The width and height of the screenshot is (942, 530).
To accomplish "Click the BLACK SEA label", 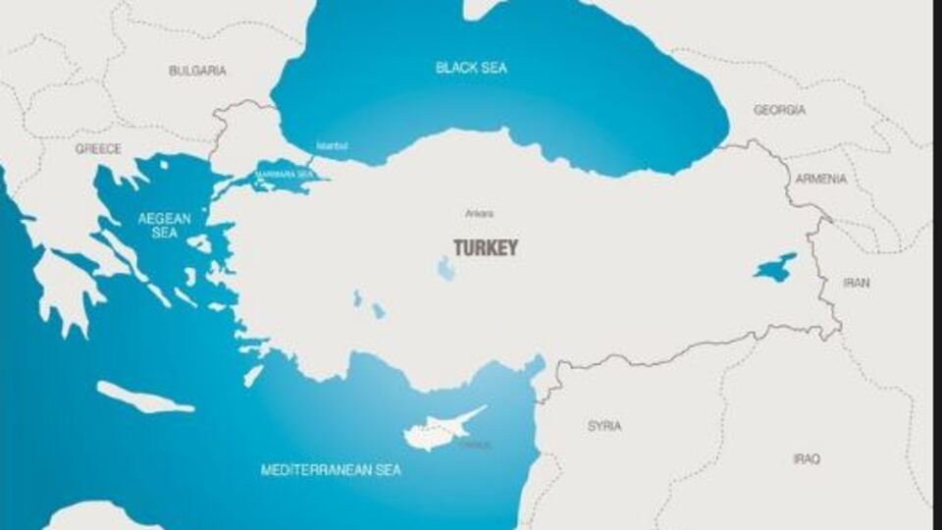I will tap(471, 68).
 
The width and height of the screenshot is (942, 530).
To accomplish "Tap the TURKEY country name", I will tap(485, 248).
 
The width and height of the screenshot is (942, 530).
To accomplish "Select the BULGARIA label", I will tap(197, 71).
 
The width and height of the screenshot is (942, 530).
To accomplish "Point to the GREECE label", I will tap(98, 149).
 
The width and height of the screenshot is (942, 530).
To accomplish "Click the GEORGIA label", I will tap(779, 110).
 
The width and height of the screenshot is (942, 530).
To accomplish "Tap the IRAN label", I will tap(856, 283).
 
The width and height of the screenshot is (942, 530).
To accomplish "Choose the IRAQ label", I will tap(807, 459).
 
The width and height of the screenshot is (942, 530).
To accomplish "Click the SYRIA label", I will tap(604, 426).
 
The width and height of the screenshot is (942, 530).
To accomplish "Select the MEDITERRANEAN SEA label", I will tap(331, 470).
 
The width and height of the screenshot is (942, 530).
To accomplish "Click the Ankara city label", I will tap(480, 213).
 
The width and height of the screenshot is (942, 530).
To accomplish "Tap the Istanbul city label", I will tap(332, 146).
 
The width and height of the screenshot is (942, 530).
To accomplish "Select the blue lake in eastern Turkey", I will tap(775, 267).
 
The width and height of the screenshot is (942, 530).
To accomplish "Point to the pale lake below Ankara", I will tap(446, 268).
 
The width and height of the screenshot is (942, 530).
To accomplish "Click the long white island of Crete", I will tap(145, 397).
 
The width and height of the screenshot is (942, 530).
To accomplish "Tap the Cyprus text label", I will tap(475, 445).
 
